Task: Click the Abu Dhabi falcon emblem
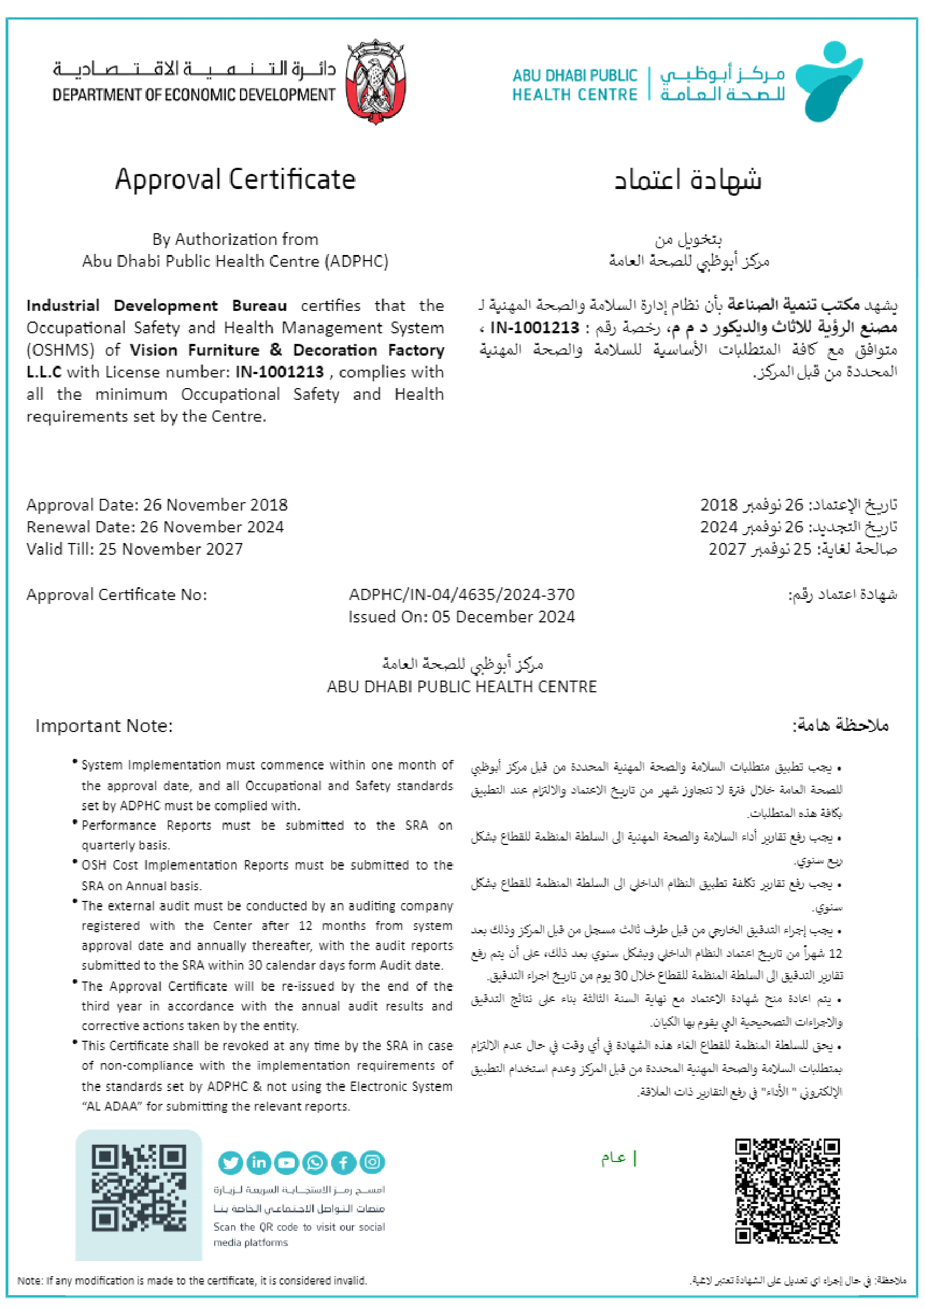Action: click(x=375, y=81)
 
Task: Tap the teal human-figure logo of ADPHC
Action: click(x=828, y=81)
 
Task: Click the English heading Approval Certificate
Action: click(x=235, y=179)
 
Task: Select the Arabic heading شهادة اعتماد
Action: click(x=687, y=180)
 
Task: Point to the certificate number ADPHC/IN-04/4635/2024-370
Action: click(x=461, y=594)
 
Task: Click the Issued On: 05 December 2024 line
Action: click(x=461, y=616)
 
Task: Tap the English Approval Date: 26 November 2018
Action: click(x=157, y=505)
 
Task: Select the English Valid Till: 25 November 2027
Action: click(x=134, y=549)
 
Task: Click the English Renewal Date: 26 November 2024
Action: click(x=155, y=526)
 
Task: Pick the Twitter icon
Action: click(x=230, y=1162)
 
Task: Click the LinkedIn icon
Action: click(x=258, y=1162)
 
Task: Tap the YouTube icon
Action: click(x=286, y=1162)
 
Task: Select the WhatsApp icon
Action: click(x=315, y=1162)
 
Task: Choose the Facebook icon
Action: click(x=343, y=1162)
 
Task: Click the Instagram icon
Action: click(x=372, y=1161)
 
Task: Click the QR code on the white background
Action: click(x=787, y=1190)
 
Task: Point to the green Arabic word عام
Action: click(x=613, y=1158)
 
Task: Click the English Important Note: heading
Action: click(x=103, y=726)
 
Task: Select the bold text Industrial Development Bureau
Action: click(x=157, y=305)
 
